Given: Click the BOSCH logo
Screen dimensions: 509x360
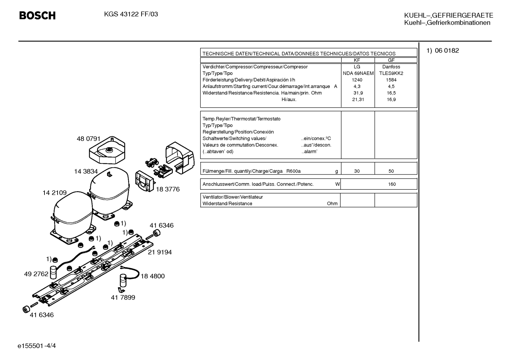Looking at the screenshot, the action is (37, 16).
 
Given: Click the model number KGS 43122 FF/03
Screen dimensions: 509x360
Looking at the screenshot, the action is (131, 14).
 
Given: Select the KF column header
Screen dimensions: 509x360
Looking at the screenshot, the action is (357, 60).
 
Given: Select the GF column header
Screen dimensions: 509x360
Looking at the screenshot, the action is (391, 60).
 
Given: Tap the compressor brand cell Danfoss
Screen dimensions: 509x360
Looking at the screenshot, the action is (391, 67).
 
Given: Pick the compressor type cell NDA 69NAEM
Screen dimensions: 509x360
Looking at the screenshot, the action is (358, 73).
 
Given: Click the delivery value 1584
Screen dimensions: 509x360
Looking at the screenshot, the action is (391, 80).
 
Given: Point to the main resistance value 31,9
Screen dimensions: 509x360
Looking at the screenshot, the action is (358, 93).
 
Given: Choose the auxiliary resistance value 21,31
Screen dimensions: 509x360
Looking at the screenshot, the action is (358, 99).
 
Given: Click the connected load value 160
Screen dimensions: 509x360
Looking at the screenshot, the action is (392, 184).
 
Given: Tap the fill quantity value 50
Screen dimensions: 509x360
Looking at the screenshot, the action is (391, 171).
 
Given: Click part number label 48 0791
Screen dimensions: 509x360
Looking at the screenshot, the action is (88, 139).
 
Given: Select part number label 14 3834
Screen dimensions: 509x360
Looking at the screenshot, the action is (86, 171).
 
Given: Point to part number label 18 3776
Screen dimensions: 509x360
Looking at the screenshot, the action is (168, 189).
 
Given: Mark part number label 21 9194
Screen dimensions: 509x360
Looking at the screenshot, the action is (160, 252).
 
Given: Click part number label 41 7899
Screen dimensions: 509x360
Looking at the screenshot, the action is (123, 297).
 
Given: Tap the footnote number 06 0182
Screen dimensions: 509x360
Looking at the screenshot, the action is (447, 51).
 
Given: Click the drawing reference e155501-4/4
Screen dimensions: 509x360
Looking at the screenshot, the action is (37, 346).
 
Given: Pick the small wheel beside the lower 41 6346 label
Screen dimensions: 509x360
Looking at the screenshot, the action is (26, 309).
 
